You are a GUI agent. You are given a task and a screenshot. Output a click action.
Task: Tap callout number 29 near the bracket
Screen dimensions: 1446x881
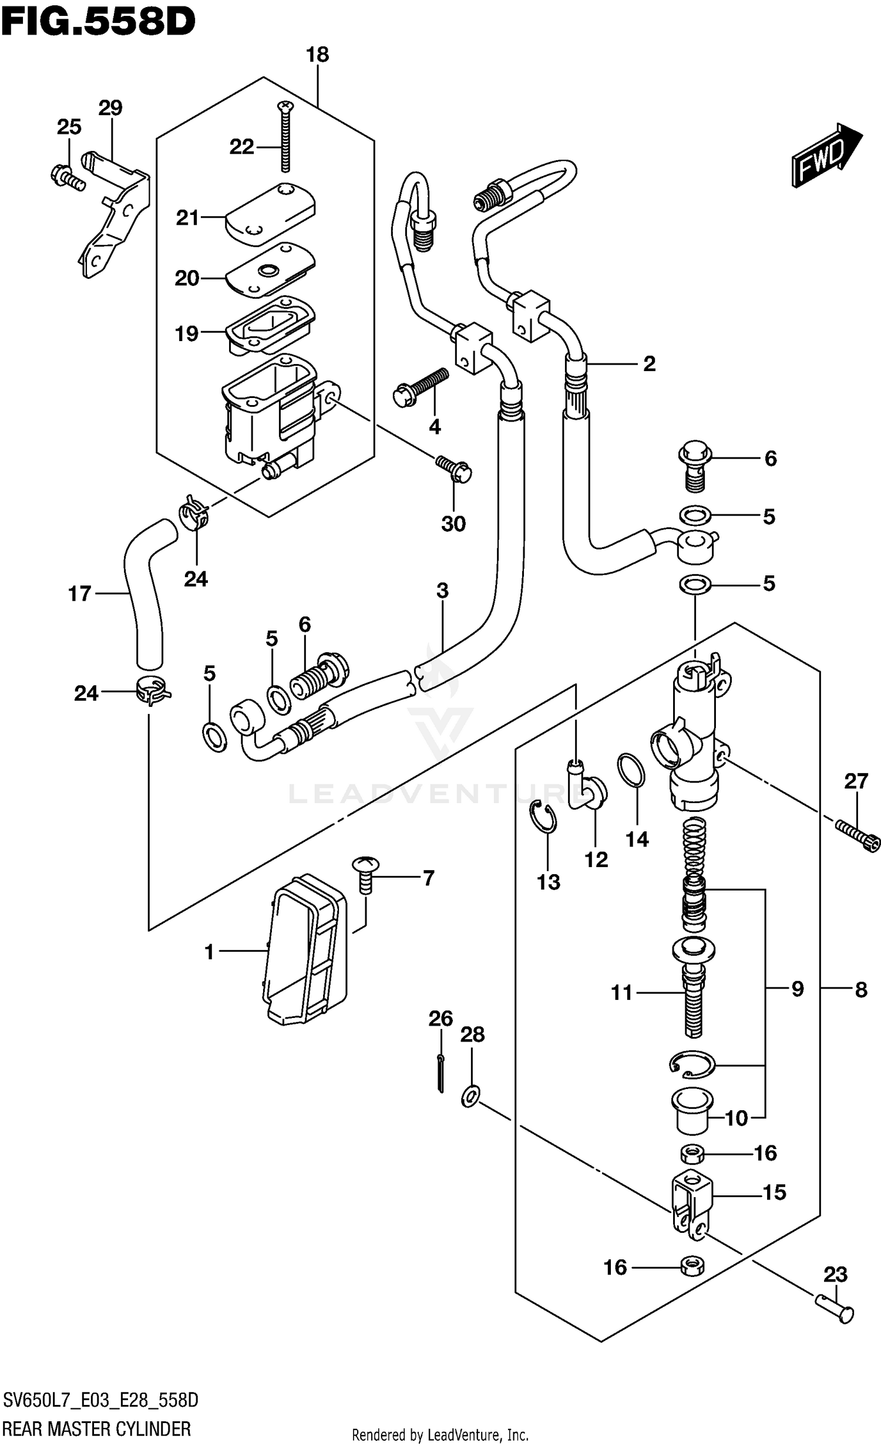click(x=110, y=108)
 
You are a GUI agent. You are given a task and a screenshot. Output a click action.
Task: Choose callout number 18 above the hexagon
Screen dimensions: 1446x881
click(x=317, y=55)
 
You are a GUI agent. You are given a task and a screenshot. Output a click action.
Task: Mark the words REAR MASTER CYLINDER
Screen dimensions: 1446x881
click(x=97, y=1423)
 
